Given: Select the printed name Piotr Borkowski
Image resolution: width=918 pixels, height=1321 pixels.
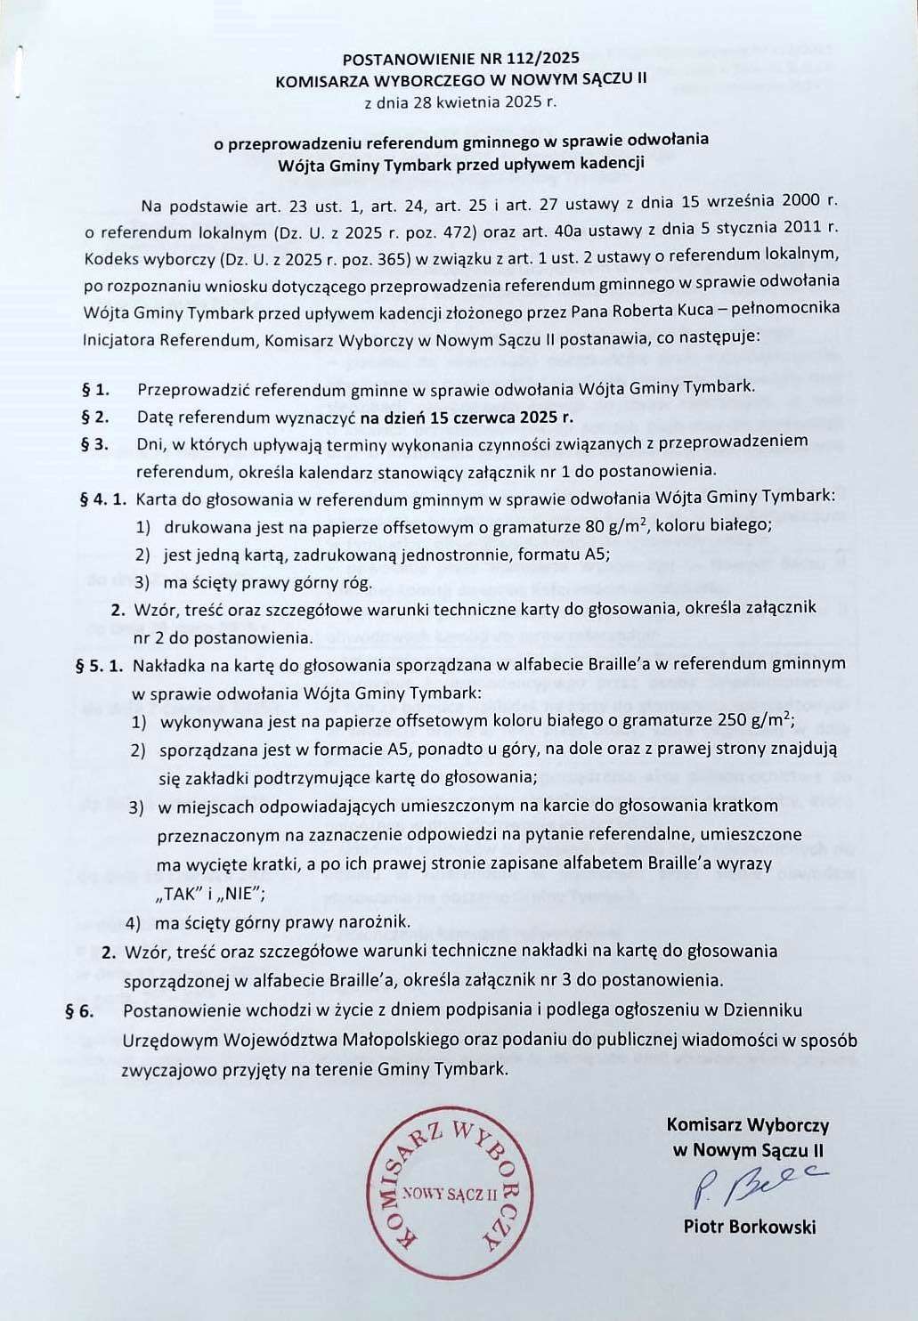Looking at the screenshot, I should tap(749, 1227).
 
